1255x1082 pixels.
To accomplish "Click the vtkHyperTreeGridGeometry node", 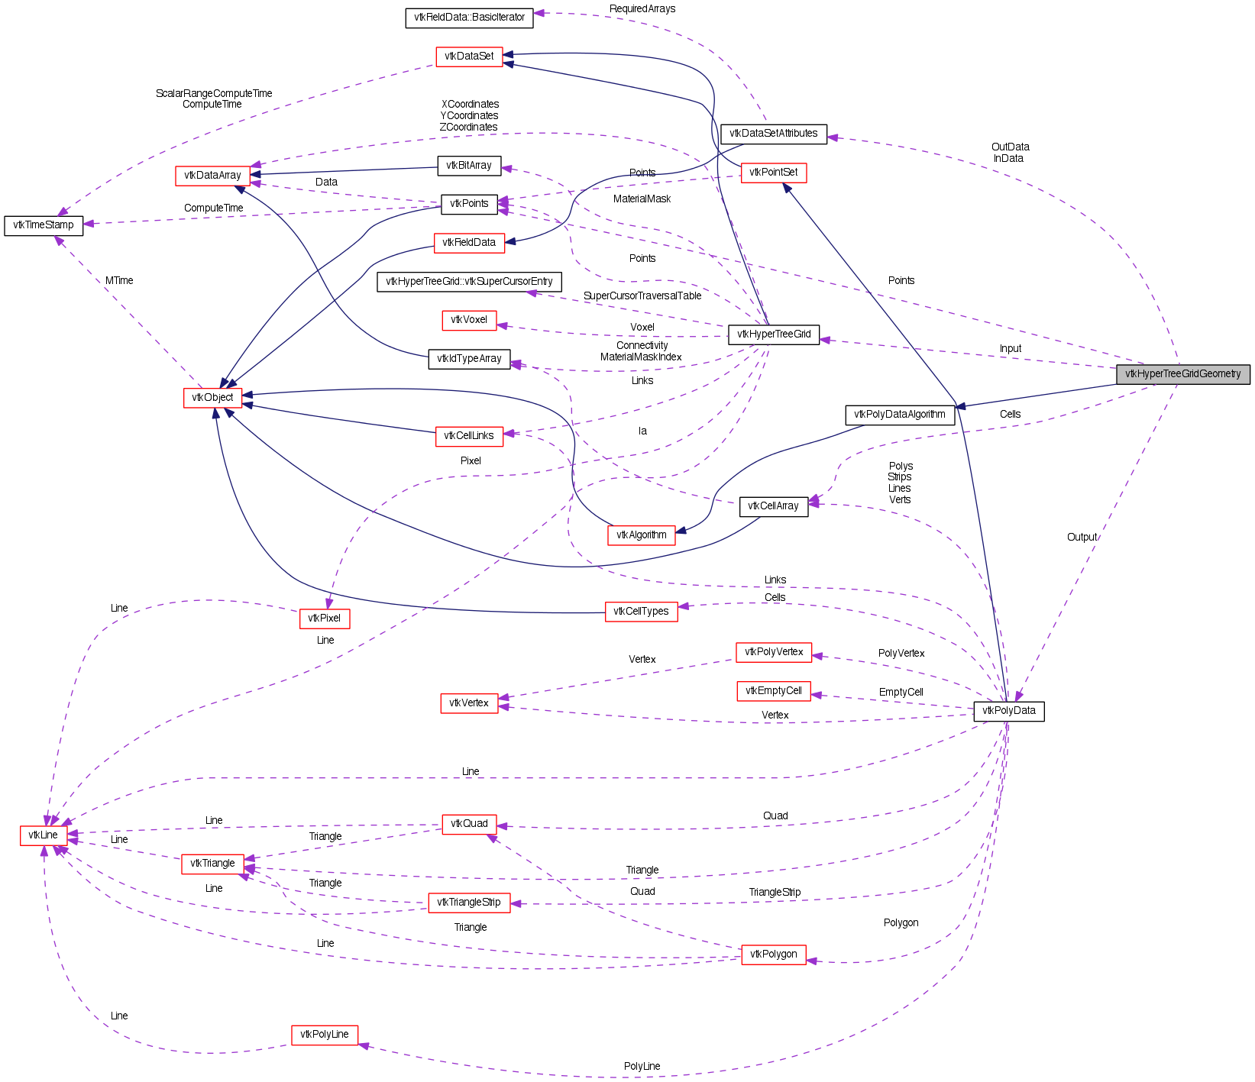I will (1182, 374).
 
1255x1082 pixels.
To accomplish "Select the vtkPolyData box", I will (1008, 711).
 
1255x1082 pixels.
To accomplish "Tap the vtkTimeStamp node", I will (44, 225).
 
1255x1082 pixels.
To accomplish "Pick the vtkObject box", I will (212, 398).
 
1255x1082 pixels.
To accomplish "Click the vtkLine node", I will (43, 835).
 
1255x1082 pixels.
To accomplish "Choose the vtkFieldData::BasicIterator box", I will (469, 18).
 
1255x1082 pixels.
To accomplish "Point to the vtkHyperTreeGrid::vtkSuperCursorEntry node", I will (469, 282).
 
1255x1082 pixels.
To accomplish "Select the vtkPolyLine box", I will (324, 1035).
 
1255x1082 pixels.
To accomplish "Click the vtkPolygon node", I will (773, 954).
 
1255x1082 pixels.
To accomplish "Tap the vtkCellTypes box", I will (641, 612).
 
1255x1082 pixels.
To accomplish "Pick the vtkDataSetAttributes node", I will (773, 134).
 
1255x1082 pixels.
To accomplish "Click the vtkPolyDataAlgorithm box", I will (899, 415).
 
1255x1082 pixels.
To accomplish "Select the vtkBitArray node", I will (469, 166).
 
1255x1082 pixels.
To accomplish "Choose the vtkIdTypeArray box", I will (469, 359).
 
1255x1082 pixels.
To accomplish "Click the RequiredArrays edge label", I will (642, 9).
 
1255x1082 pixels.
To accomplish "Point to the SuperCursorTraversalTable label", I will (642, 296).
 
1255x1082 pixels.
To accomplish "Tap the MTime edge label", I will (119, 281).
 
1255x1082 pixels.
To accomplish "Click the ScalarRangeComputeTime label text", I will (214, 94).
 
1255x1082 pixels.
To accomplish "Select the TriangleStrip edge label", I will (775, 893).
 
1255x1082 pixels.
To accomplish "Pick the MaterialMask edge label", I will (642, 199).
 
